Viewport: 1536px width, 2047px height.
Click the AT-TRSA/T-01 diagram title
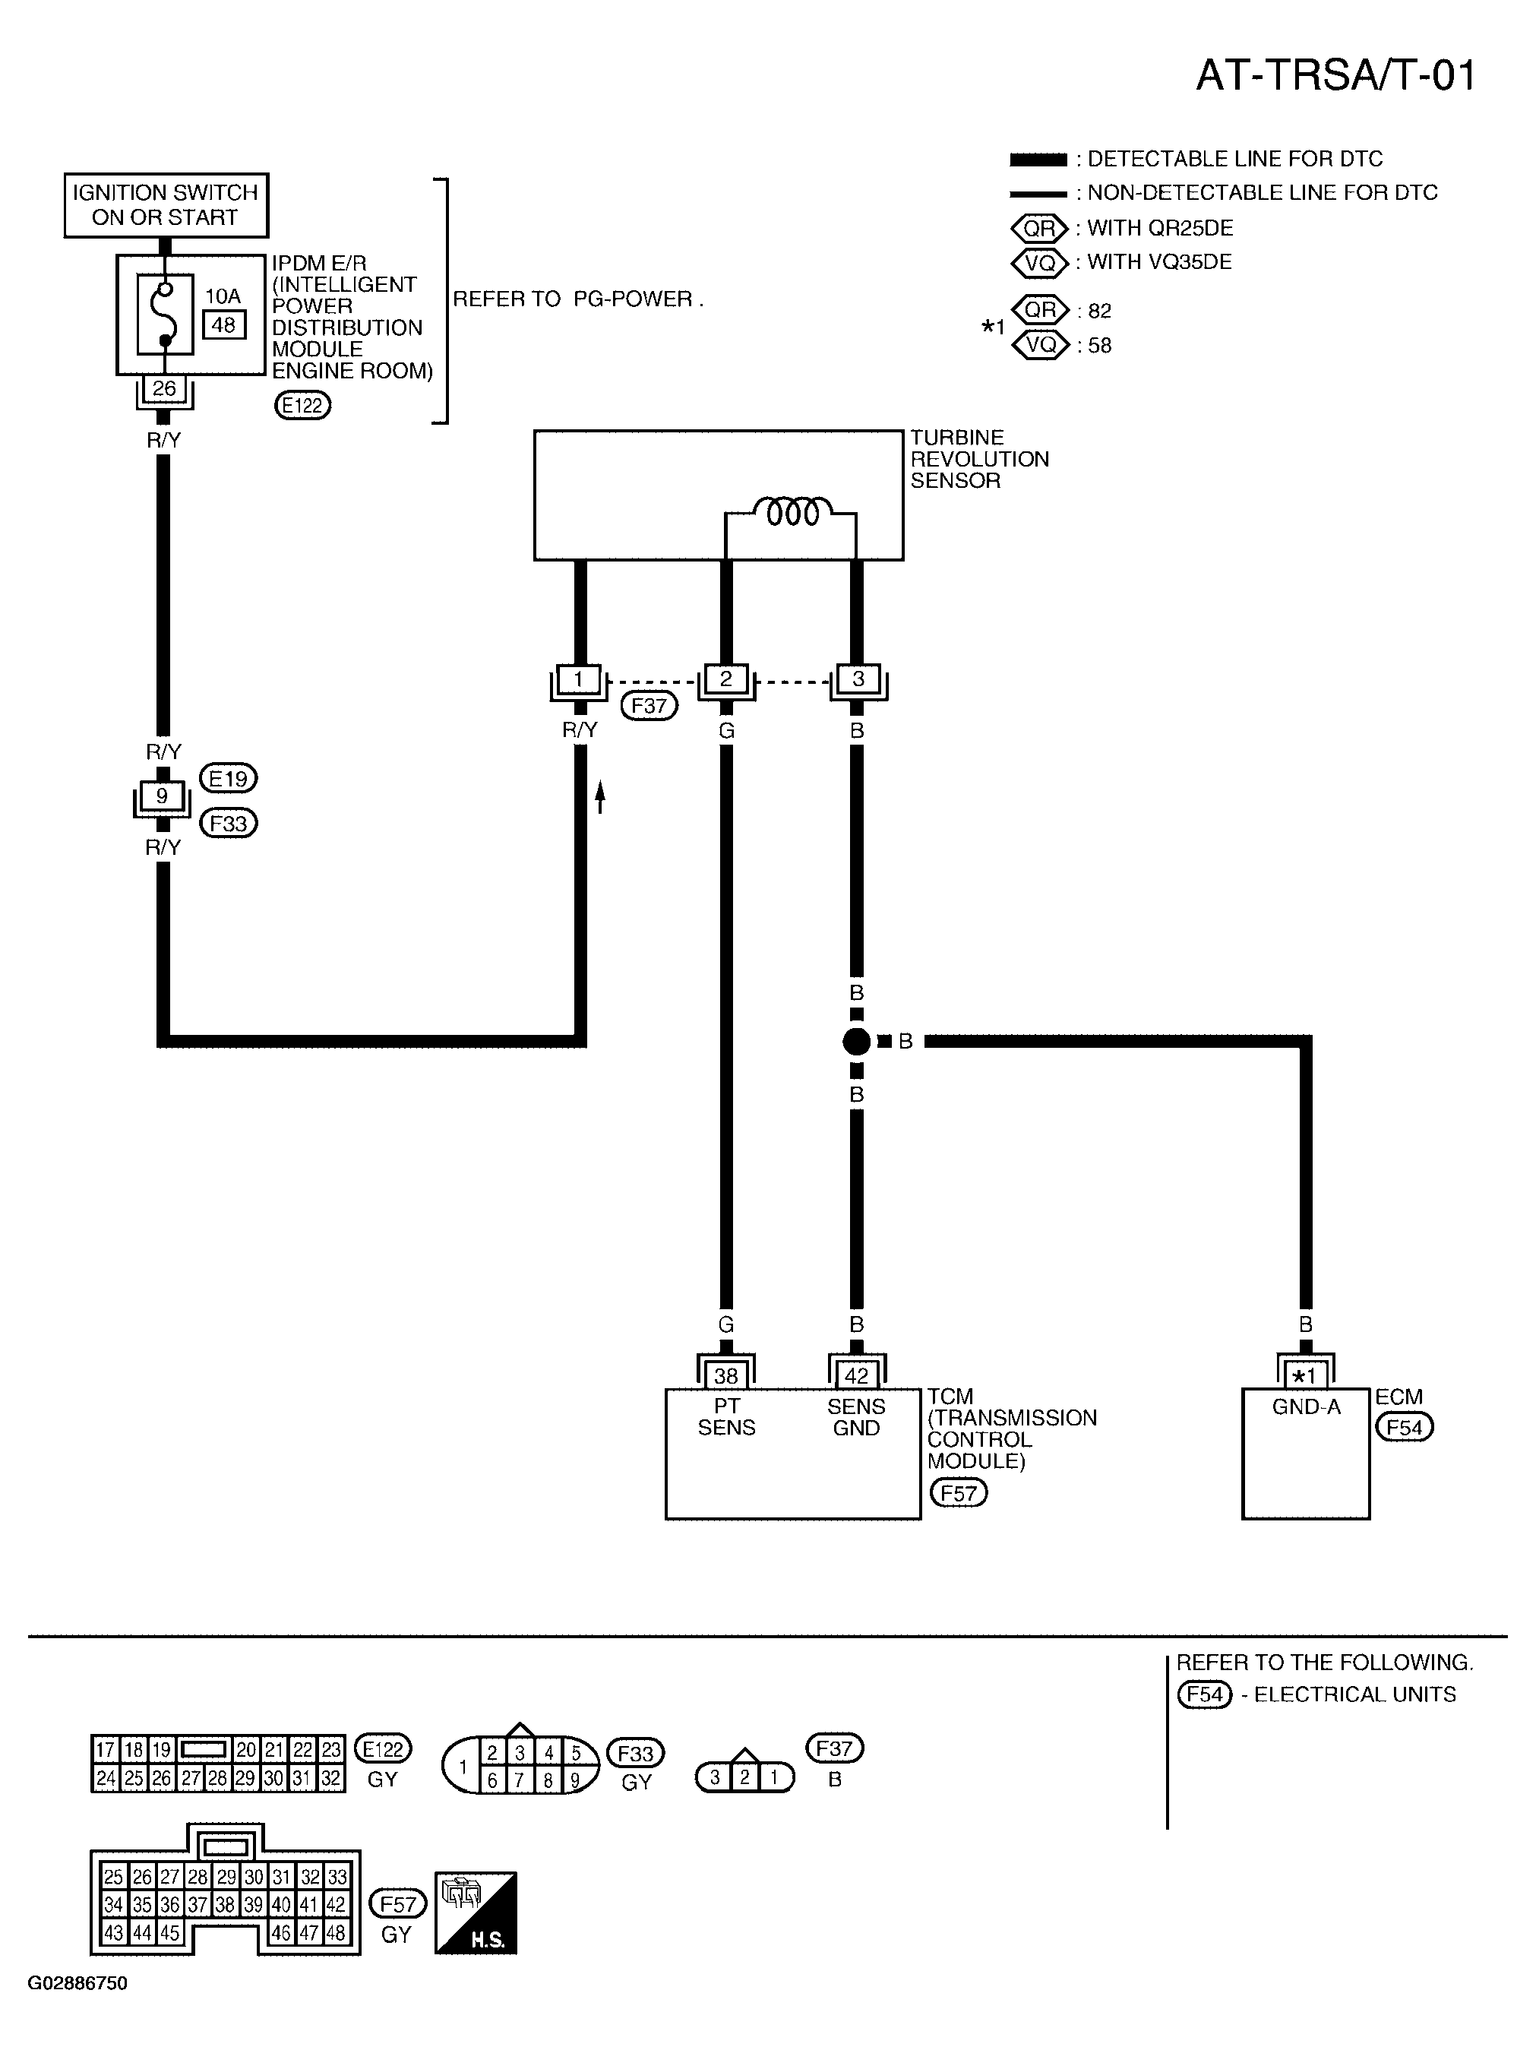click(x=1335, y=75)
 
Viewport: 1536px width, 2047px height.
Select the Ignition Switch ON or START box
click(x=166, y=205)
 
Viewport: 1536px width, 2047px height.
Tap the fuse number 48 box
click(x=224, y=324)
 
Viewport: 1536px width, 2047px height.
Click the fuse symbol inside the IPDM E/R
click(x=165, y=314)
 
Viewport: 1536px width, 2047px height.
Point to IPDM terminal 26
click(x=164, y=389)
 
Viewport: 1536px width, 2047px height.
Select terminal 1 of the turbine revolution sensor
click(x=578, y=679)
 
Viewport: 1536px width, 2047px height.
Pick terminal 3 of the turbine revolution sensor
click(x=858, y=679)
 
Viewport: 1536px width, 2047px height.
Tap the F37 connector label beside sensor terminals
click(x=649, y=706)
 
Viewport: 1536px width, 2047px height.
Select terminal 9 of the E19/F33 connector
click(x=162, y=796)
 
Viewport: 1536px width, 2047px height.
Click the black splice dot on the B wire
click(x=857, y=1042)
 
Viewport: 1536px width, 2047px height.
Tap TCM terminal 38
click(x=726, y=1376)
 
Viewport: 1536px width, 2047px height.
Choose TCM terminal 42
click(x=857, y=1376)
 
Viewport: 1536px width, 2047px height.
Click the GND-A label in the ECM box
click(x=1306, y=1406)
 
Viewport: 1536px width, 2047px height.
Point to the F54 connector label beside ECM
click(x=1404, y=1427)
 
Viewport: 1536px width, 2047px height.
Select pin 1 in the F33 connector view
click(x=463, y=1767)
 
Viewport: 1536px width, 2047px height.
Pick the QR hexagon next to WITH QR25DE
click(x=1040, y=229)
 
